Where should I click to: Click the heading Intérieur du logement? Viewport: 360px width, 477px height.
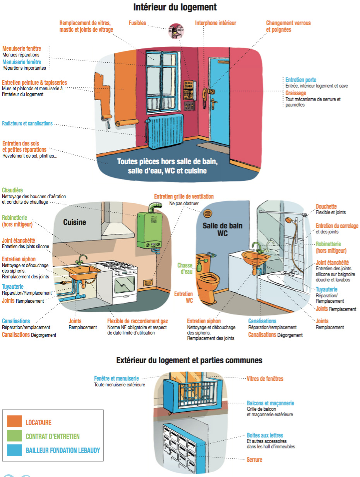click(175, 7)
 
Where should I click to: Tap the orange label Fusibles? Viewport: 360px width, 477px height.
click(137, 23)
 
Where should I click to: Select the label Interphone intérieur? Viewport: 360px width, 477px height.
click(215, 23)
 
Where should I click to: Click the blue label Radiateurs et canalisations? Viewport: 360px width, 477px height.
click(27, 124)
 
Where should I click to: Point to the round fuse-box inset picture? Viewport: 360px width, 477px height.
click(176, 31)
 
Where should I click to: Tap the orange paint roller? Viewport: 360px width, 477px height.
click(106, 121)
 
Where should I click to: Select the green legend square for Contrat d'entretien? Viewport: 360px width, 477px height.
click(14, 436)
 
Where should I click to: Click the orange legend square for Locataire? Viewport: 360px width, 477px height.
click(14, 421)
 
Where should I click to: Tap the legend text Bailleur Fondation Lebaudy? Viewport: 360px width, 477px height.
click(63, 450)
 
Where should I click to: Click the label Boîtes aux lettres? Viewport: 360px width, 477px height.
click(265, 435)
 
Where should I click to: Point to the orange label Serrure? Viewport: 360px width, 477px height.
click(254, 460)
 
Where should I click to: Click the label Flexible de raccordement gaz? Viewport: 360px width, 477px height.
click(137, 321)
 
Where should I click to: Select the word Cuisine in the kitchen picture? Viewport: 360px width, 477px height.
click(75, 222)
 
